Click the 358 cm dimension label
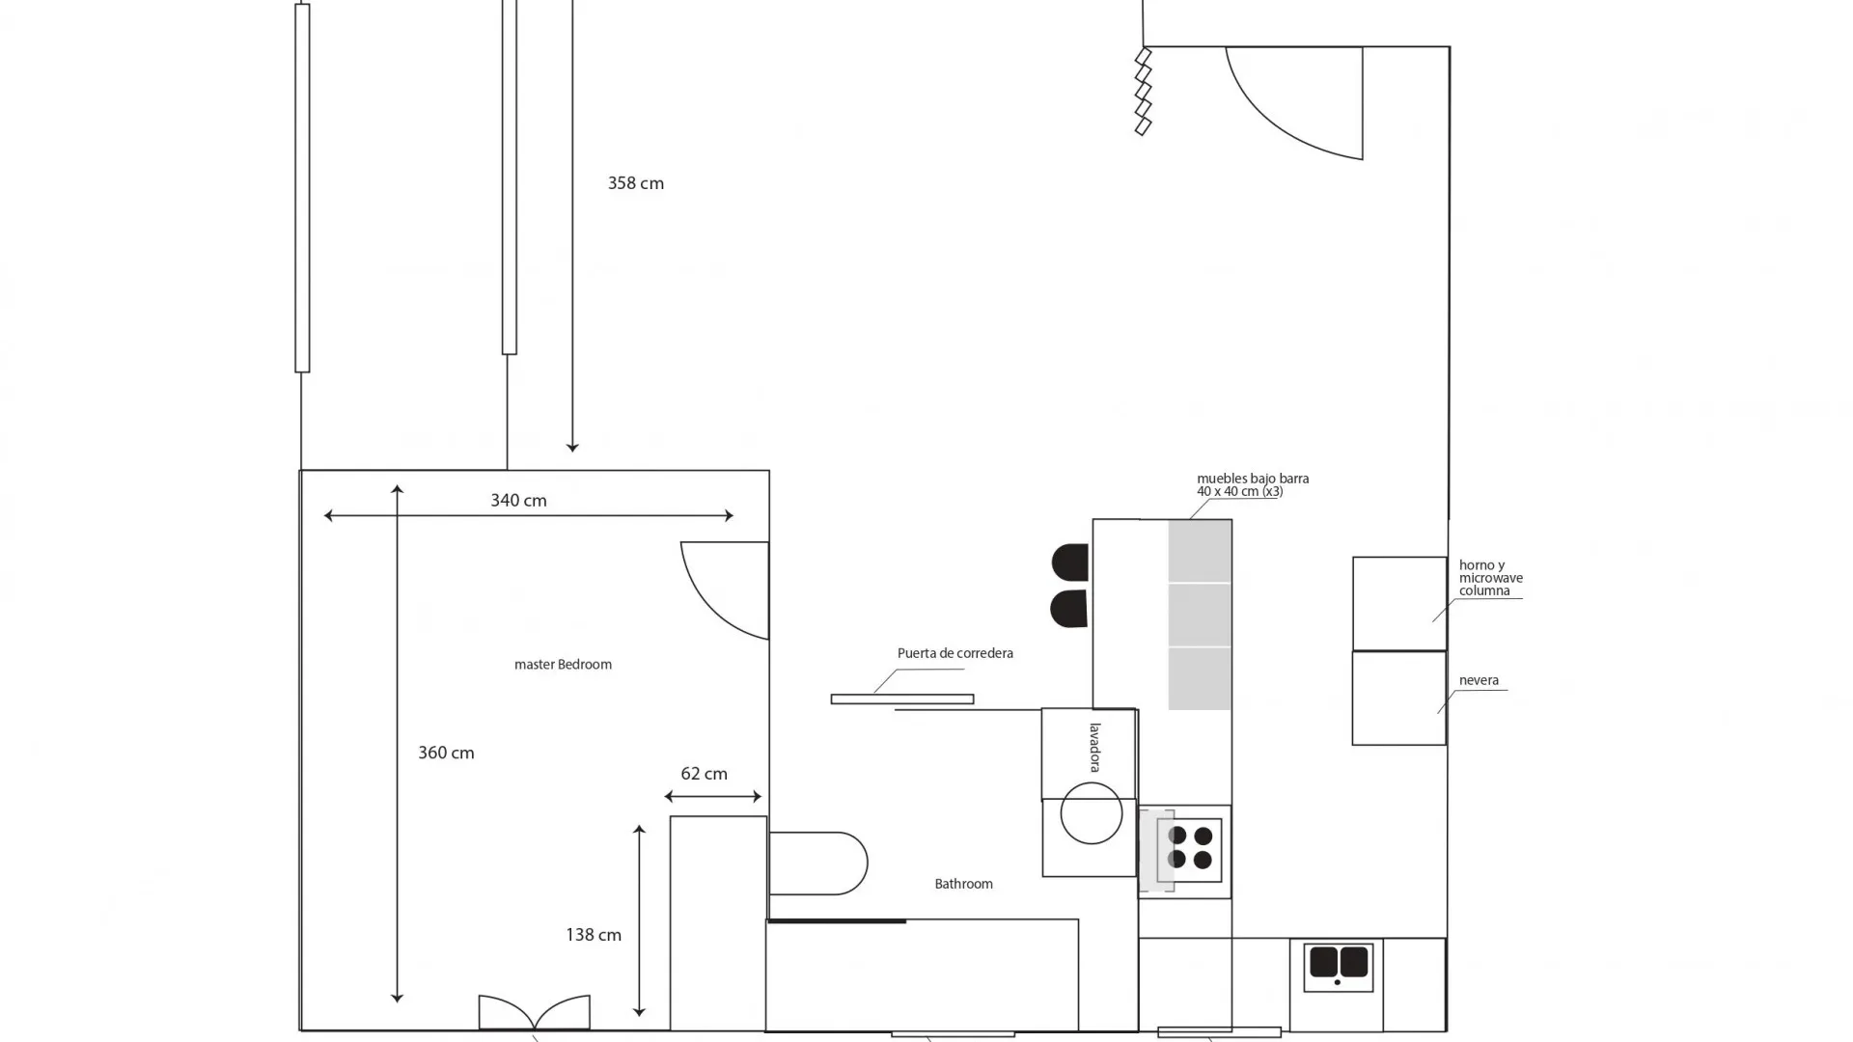click(x=635, y=183)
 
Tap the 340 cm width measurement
click(x=518, y=501)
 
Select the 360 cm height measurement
click(x=446, y=753)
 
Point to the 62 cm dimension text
click(x=704, y=774)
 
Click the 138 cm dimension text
click(x=593, y=935)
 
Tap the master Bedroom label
click(x=563, y=665)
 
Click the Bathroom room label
click(x=963, y=884)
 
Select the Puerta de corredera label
click(x=954, y=653)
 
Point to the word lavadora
click(x=1095, y=747)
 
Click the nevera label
click(x=1479, y=680)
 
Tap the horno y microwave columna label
click(x=1490, y=578)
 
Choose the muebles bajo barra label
click(x=1252, y=484)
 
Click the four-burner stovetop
click(x=1190, y=848)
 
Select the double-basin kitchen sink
click(x=1338, y=964)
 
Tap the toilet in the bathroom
click(x=817, y=864)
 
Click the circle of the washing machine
click(x=1091, y=813)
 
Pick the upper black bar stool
click(x=1070, y=562)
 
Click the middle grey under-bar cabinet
click(x=1200, y=615)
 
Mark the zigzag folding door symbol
click(x=1143, y=92)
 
